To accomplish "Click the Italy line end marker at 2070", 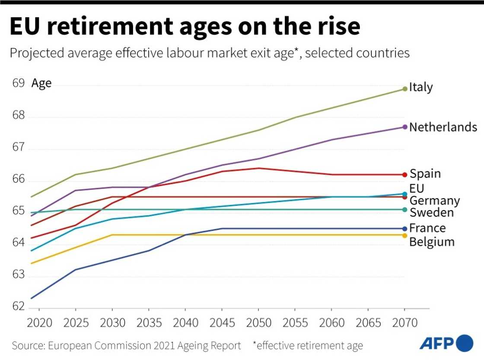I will tap(405, 89).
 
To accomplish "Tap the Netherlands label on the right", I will tap(443, 127).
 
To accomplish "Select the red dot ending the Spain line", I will tap(405, 175).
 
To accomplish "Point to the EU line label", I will tap(417, 188).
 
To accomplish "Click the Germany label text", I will tap(434, 201).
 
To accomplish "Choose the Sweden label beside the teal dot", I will tap(432, 213).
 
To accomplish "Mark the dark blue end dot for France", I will tap(405, 229).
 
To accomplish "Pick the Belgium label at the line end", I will tap(432, 242).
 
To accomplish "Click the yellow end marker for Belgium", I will tap(405, 235).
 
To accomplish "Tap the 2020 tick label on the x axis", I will tap(39, 323).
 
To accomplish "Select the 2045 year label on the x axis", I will tap(222, 323).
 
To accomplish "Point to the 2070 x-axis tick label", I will tap(405, 323).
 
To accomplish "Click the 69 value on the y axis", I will tap(18, 83).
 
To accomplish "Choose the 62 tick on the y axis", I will tap(18, 306).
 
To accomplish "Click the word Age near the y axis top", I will tap(41, 83).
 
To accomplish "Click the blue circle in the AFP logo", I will tap(465, 343).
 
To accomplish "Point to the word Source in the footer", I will tap(28, 346).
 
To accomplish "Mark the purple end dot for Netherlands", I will tap(405, 127).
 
